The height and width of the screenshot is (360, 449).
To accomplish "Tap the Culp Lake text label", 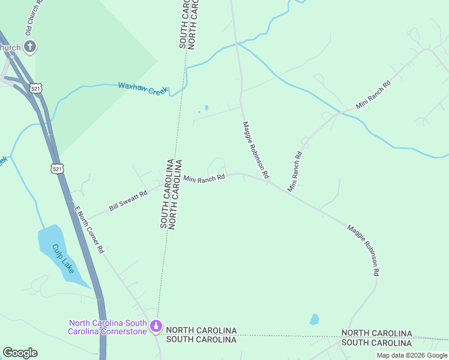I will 62,259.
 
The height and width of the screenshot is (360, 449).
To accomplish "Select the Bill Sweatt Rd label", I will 128,201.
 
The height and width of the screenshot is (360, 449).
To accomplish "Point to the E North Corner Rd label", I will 89,229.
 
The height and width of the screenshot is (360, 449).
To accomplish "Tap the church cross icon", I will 29,46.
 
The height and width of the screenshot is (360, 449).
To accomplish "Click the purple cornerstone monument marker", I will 156,326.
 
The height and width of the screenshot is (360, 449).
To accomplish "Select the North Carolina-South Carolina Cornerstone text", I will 107,326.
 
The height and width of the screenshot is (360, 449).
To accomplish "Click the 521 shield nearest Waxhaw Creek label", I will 37,88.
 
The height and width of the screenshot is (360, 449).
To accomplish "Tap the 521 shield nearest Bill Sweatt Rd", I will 57,169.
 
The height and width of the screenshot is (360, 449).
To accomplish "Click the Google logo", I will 20,353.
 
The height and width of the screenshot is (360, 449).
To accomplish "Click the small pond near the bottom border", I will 314,319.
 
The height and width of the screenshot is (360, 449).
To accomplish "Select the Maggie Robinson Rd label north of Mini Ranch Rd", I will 255,151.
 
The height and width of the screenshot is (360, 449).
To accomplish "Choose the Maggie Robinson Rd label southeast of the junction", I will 364,250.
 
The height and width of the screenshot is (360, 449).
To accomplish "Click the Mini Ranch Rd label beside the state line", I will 203,178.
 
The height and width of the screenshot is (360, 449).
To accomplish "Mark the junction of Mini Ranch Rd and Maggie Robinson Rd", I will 269,181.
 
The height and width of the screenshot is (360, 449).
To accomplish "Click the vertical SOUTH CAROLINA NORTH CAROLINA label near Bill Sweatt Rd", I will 167,193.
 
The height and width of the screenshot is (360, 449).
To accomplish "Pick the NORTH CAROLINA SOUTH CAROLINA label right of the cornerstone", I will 201,335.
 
